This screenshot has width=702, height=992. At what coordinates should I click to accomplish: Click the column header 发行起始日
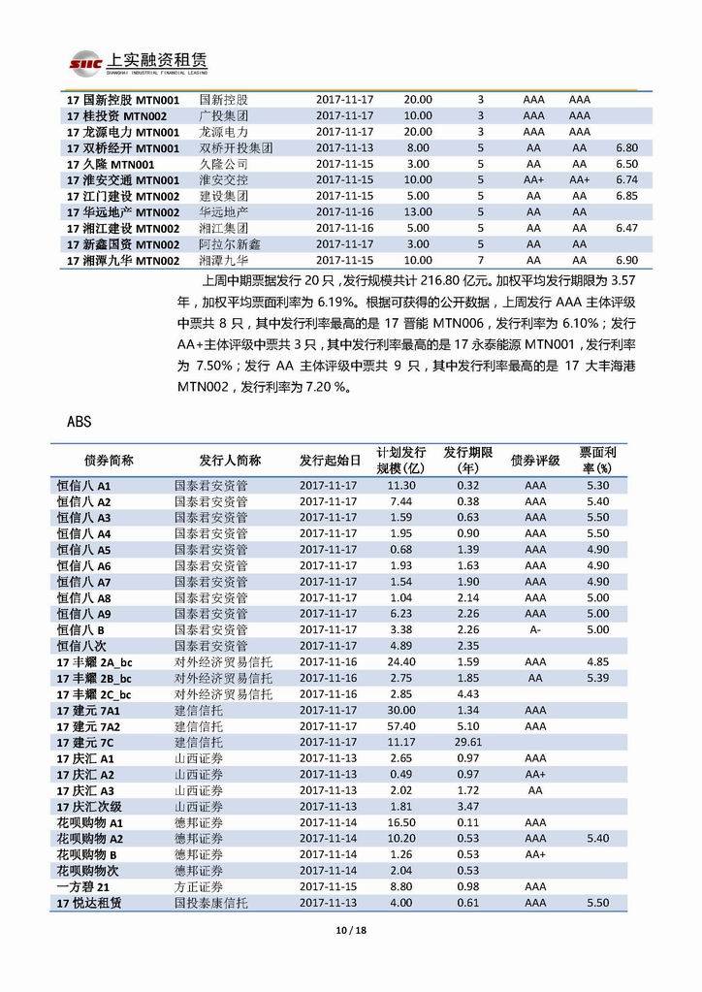(x=330, y=460)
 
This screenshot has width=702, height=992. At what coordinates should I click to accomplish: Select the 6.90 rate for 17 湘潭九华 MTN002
(x=626, y=261)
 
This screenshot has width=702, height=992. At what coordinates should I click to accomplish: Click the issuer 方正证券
(x=199, y=886)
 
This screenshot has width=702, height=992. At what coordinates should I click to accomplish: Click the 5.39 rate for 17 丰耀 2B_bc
(x=598, y=678)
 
